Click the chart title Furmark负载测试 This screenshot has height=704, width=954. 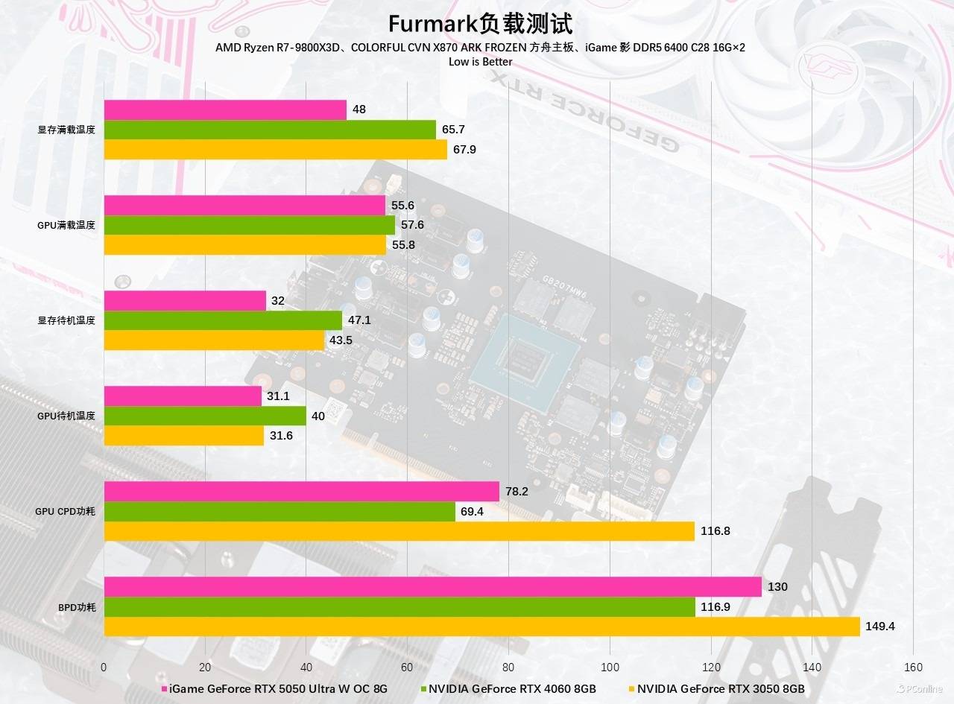(480, 24)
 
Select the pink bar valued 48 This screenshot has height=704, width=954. (225, 110)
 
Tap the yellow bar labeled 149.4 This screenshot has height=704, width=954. (481, 627)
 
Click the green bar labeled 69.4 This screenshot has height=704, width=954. (279, 511)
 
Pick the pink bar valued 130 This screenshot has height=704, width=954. (432, 586)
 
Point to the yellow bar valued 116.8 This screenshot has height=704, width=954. (399, 531)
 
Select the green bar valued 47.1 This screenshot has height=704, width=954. (223, 320)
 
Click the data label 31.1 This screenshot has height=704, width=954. (278, 396)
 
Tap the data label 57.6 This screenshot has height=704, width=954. (412, 225)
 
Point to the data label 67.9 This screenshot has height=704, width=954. (464, 150)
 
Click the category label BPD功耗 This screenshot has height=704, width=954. (77, 607)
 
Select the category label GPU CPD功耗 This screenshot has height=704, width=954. (66, 512)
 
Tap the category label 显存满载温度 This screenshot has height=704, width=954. (66, 130)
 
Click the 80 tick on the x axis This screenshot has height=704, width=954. (508, 667)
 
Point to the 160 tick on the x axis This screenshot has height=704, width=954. (913, 667)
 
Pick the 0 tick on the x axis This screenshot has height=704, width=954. (104, 667)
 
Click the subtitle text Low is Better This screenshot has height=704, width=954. (480, 62)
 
